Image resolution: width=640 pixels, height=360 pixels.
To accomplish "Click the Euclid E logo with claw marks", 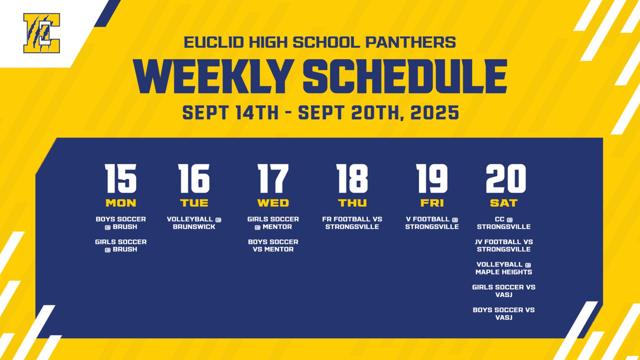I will coord(42,33).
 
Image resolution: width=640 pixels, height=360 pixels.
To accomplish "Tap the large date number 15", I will coord(121,179).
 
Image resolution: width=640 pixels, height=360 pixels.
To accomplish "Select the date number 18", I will coord(352,179).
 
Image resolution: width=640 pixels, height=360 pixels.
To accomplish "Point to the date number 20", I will coord(506,179).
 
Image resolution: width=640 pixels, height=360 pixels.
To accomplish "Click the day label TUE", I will coord(194,203).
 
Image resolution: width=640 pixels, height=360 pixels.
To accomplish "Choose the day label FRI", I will coord(432,203).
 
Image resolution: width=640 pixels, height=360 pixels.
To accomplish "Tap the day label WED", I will coord(273,203).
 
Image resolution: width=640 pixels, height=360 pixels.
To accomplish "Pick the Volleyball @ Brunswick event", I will coord(194,223).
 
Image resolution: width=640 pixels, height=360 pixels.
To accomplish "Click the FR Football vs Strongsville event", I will coord(352,223).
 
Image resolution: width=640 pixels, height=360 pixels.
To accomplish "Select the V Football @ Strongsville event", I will coord(432,223).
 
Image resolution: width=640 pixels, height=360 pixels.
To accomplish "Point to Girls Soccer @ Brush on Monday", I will coord(121,246).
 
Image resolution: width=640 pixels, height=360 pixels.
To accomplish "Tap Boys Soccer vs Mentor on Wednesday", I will coord(273,246).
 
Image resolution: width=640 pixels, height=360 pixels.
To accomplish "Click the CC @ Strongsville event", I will coord(504,223).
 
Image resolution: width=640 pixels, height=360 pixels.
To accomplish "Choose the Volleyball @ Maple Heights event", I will coord(504,268).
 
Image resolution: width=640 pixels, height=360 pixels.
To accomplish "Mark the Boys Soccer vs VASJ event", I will coord(504,314).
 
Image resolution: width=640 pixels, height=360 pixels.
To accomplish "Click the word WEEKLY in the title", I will coord(213,77).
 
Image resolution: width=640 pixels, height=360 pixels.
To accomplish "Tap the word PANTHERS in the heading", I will coord(411,42).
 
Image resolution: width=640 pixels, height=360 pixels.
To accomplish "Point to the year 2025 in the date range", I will coord(435,113).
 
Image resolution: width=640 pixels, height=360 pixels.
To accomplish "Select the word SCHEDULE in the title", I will coord(405,77).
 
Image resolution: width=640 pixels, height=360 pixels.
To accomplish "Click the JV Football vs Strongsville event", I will coord(504,246).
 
